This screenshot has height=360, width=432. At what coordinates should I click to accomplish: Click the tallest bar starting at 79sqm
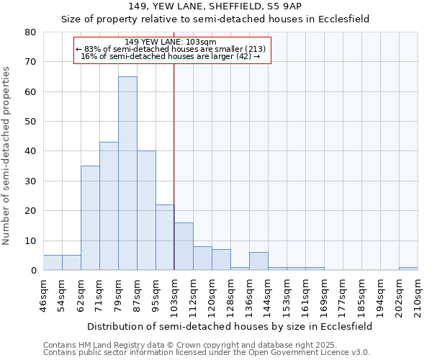point(127,173)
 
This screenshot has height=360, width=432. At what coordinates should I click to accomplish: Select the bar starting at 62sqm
point(90,217)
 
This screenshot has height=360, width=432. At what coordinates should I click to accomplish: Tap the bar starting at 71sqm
point(109,206)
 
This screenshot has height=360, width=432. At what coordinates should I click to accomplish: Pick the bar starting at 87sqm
point(146,210)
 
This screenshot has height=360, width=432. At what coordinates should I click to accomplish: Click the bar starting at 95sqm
point(165,237)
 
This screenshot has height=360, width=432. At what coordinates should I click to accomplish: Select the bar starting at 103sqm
point(184,246)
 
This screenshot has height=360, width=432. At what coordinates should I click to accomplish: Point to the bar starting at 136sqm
point(258,261)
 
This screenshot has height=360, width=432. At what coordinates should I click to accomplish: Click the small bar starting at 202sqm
point(408,269)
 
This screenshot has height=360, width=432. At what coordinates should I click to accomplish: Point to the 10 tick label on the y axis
point(30,240)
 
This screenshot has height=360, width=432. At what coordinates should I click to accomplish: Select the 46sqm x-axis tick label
point(43,293)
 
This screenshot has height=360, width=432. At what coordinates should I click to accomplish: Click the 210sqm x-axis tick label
point(418,295)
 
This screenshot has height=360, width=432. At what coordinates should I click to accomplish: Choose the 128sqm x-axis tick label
point(230,295)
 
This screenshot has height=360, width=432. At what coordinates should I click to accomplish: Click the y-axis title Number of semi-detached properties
point(7,155)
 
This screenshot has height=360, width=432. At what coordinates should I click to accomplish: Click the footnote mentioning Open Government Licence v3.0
point(207,353)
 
